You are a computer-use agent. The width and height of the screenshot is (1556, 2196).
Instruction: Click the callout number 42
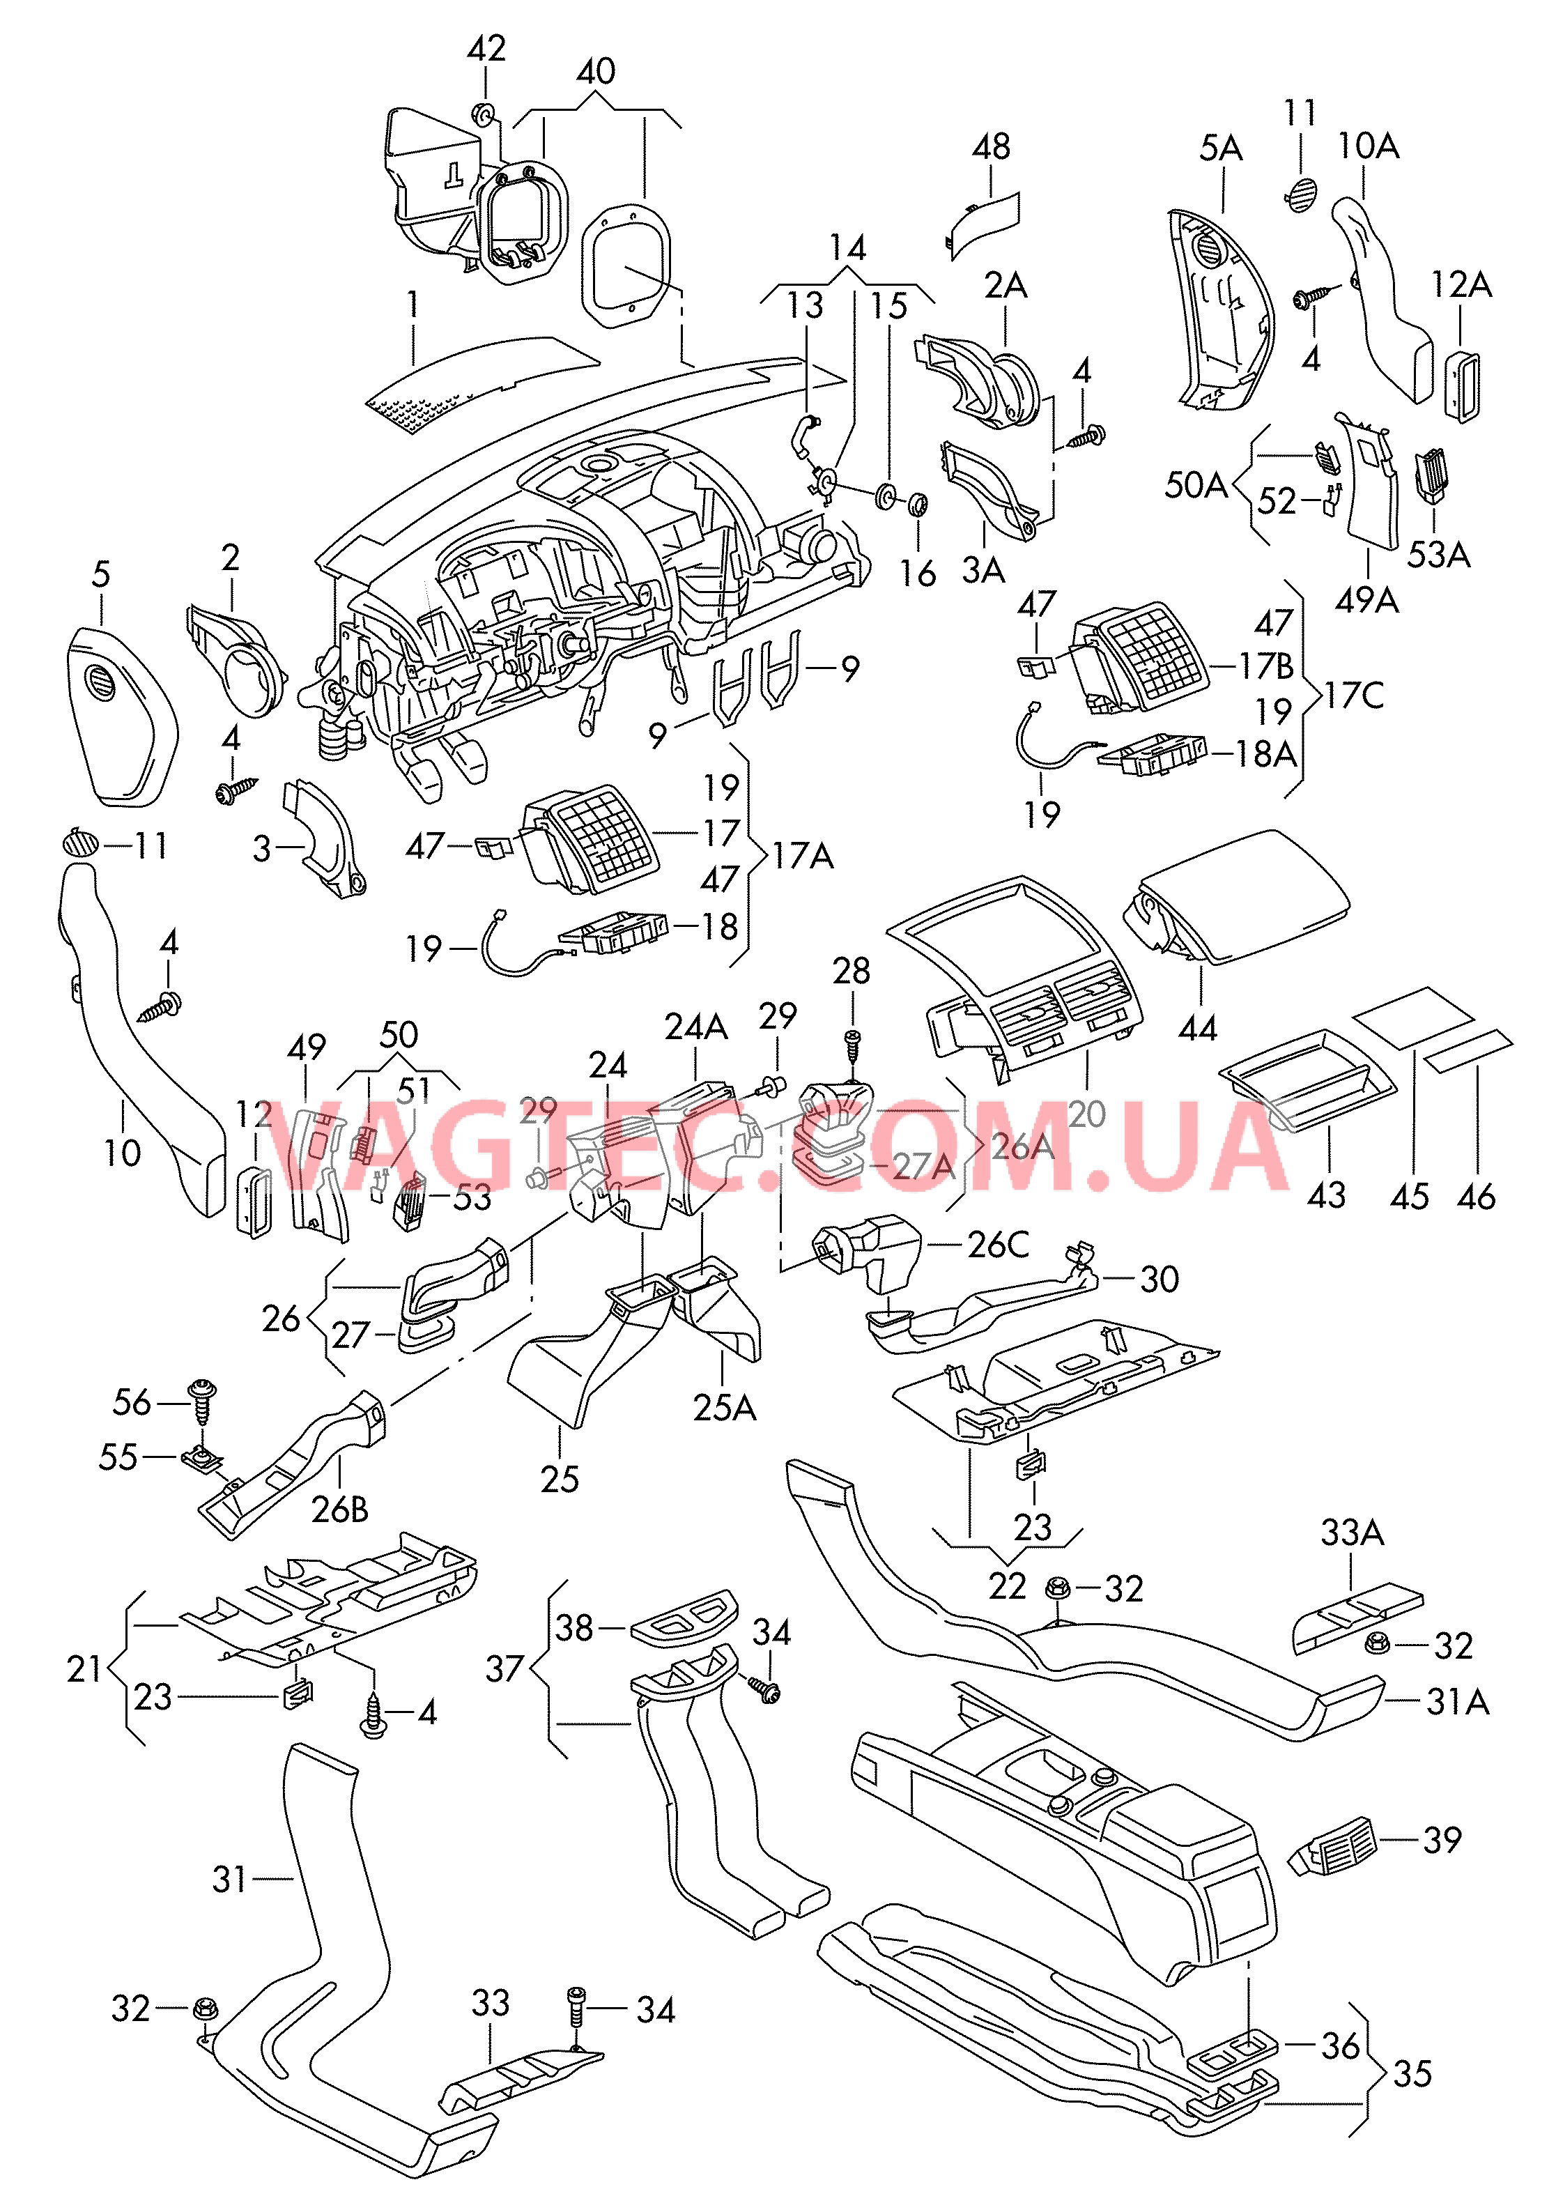click(486, 48)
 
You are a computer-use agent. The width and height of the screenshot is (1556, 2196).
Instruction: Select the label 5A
click(1221, 148)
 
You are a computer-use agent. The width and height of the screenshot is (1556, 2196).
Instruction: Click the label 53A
click(1437, 555)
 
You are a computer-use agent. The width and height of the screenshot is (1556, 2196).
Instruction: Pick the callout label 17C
click(1354, 696)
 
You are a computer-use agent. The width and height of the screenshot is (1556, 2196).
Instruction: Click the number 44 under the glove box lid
click(1198, 1029)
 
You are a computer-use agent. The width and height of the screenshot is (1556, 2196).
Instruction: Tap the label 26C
click(997, 1245)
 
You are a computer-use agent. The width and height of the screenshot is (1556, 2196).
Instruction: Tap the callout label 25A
click(725, 1408)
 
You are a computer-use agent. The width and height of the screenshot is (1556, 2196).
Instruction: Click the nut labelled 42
click(482, 116)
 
